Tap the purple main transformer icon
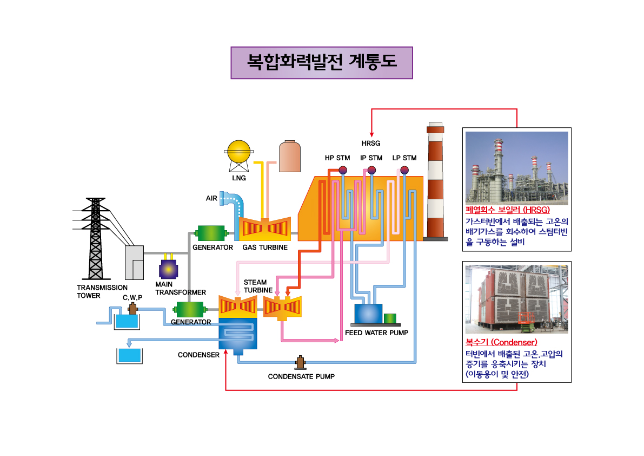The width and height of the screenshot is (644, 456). point(168,269)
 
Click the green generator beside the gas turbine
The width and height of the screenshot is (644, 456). point(213,233)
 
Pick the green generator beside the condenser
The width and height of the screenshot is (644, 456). point(190,310)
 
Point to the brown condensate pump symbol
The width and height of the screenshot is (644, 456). point(300,361)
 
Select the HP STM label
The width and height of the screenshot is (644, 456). point(337,158)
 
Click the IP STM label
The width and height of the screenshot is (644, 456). point(371,158)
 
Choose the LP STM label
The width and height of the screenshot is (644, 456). point(404,158)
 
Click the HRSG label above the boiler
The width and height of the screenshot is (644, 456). point(371,144)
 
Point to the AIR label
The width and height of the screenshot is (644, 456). point(211,198)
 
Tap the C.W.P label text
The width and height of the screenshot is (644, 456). point(132,297)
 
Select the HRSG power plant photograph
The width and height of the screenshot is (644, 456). point(517,168)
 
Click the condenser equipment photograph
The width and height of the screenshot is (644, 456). point(517,299)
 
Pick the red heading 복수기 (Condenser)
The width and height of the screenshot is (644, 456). point(501,342)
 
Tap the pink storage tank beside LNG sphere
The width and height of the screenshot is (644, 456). point(289,156)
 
